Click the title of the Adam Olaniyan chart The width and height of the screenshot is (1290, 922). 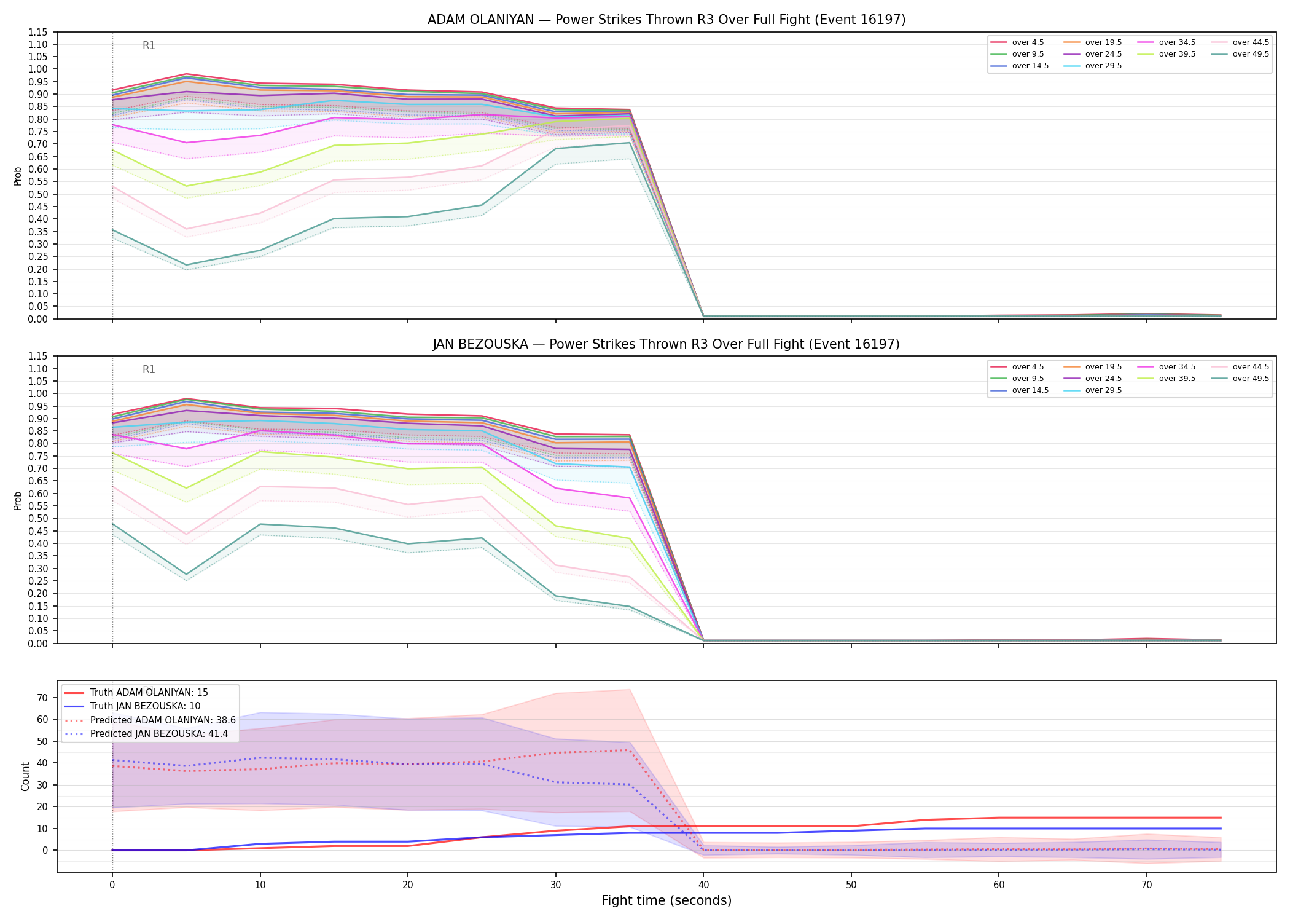pos(666,20)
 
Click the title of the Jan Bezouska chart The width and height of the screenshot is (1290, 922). pos(666,344)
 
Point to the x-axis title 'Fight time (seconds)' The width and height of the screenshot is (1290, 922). pos(666,900)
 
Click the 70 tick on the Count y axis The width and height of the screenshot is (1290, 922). pos(42,698)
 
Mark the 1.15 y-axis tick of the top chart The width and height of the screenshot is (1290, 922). pos(38,32)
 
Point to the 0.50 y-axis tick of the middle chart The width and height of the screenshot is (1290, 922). pos(38,518)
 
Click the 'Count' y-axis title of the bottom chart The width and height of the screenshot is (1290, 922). pos(25,776)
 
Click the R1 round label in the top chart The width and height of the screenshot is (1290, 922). pos(149,45)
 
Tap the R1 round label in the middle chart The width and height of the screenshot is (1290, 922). pos(149,369)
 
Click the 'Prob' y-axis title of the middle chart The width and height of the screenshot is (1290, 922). pos(18,500)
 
